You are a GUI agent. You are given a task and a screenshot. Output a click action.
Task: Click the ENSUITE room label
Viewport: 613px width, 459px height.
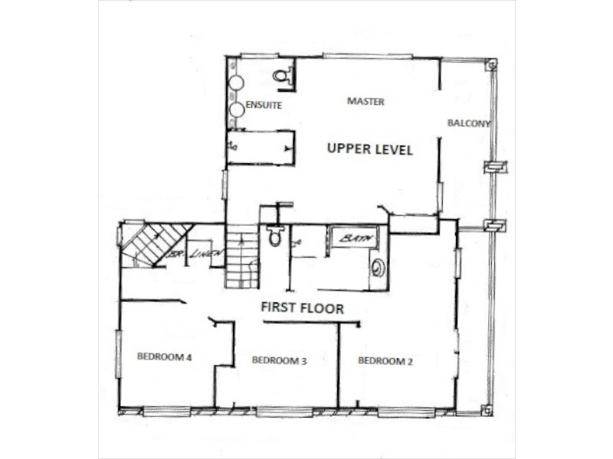264,106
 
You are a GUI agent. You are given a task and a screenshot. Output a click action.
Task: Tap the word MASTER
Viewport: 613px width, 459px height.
366,101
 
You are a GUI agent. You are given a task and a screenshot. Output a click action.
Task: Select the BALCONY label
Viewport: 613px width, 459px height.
469,122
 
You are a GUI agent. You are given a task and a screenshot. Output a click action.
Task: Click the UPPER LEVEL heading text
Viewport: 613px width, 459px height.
370,149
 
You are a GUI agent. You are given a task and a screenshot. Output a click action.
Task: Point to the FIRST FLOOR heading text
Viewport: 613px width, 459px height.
302,308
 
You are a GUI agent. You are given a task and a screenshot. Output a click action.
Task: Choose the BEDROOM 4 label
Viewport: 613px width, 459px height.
164,355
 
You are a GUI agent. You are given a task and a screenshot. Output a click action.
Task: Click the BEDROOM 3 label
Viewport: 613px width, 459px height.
279,360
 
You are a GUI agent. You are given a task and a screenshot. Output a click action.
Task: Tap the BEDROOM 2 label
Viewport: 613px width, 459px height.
385,360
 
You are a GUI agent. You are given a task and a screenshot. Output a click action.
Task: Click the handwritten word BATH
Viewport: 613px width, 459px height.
356,239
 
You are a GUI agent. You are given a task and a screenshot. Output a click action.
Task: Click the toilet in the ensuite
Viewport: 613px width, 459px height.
281,74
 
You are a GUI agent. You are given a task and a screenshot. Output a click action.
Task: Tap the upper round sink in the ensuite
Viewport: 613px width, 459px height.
237,83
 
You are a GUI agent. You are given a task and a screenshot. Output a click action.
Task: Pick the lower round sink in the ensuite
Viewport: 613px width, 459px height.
237,110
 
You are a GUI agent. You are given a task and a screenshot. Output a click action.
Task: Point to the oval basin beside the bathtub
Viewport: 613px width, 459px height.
378,268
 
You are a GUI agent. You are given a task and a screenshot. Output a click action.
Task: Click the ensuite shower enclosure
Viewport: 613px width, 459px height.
261,147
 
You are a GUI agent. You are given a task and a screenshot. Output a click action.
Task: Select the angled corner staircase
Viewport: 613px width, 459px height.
156,243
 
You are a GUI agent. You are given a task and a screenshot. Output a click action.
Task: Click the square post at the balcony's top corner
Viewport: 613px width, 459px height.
490,66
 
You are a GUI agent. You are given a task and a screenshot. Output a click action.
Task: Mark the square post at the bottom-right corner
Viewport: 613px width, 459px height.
486,410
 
